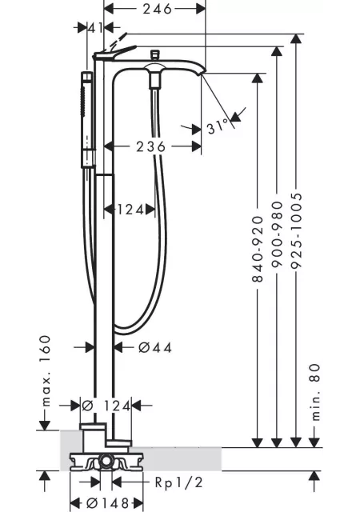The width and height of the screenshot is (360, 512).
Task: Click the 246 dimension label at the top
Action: coord(157,9)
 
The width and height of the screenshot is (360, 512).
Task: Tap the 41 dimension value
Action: coord(95,28)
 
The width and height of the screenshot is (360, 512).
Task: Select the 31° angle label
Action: coord(218,126)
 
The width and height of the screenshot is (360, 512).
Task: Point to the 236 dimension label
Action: coord(151,146)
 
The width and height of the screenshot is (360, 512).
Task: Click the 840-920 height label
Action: coord(258,249)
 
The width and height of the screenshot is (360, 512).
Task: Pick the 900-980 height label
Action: coord(277,234)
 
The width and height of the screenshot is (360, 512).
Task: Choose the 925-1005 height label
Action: coord(296,231)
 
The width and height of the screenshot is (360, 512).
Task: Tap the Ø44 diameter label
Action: coord(155,347)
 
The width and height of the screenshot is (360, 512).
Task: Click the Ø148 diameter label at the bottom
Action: coord(107,503)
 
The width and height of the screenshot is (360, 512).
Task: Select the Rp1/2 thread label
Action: coord(178,482)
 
